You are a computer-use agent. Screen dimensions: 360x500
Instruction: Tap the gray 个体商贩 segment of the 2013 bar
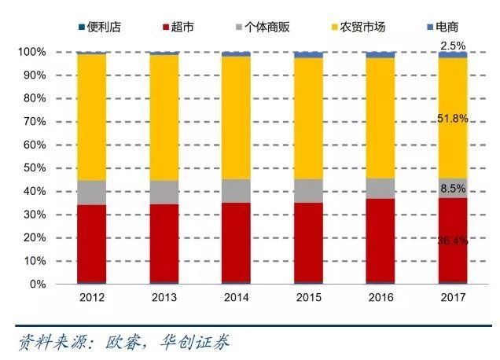164,192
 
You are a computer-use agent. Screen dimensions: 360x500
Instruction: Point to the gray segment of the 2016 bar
381,188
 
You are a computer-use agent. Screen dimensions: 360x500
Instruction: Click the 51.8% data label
453,119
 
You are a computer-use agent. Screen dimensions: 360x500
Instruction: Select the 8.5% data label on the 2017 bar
453,189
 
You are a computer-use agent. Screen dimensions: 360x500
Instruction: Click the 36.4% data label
453,241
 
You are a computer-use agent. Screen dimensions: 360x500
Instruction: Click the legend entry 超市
178,28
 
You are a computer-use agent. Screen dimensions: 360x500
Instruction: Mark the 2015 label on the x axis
308,298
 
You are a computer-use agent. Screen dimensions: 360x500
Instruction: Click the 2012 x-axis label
92,298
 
